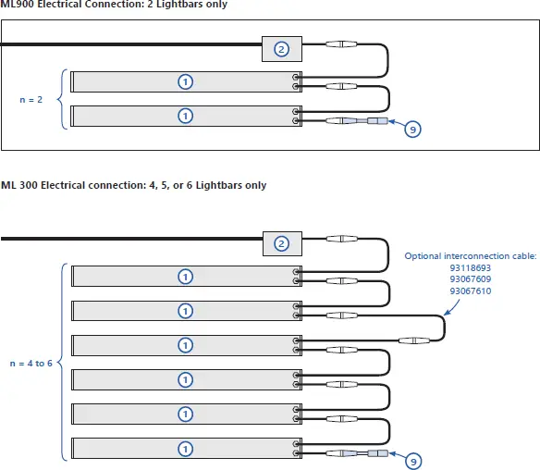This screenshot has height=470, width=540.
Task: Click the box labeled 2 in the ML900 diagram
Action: [x=284, y=48]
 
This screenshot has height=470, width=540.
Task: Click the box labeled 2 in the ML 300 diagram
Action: [x=284, y=244]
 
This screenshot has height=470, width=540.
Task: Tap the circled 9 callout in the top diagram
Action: [x=413, y=130]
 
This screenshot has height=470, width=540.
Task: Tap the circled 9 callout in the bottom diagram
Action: [x=413, y=460]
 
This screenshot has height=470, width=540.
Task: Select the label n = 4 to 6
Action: [x=31, y=363]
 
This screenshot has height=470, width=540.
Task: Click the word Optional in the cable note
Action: [x=423, y=255]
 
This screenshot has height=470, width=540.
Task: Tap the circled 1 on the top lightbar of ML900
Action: [x=185, y=82]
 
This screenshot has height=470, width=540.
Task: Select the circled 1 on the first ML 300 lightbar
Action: [x=185, y=277]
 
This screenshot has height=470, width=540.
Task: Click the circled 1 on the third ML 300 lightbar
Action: [x=185, y=345]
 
